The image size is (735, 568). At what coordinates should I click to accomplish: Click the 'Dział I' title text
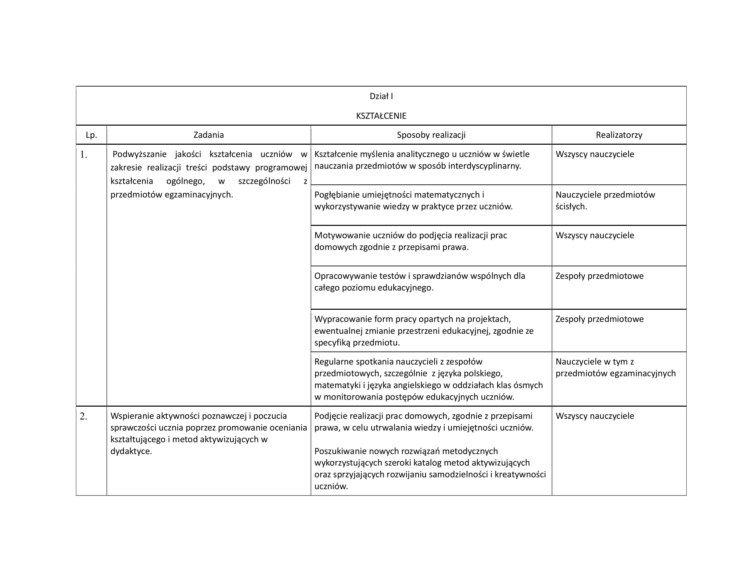click(x=381, y=96)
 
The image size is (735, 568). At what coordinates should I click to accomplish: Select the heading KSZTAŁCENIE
click(x=381, y=116)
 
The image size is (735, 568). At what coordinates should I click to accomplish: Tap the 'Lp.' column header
click(x=91, y=135)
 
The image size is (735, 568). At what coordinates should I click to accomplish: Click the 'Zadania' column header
click(x=208, y=135)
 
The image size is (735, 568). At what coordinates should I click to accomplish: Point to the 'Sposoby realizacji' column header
click(x=431, y=135)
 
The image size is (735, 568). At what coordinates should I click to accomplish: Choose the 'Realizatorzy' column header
click(x=618, y=135)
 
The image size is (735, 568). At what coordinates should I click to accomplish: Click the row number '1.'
click(x=84, y=155)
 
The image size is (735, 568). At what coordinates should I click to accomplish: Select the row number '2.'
click(x=84, y=417)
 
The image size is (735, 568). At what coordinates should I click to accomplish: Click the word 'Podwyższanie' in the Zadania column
click(x=139, y=154)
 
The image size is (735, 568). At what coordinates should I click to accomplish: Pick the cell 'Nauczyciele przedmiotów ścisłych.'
click(x=605, y=200)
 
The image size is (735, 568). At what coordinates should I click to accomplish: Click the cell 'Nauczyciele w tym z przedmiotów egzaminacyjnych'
click(x=615, y=368)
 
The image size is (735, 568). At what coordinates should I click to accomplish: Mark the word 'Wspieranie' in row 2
click(x=132, y=416)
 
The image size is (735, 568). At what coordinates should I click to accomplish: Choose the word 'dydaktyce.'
click(x=131, y=451)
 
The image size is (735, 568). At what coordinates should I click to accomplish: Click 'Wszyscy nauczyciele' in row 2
click(x=595, y=416)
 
